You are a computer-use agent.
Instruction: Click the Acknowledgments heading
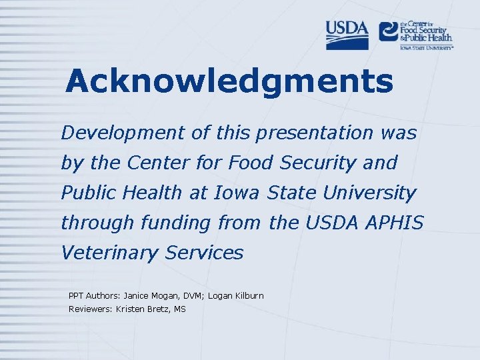pyautogui.click(x=229, y=82)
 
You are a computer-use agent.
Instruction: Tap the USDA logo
pyautogui.click(x=347, y=35)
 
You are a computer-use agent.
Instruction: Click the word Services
pyautogui.click(x=205, y=253)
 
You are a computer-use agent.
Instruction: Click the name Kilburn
pyautogui.click(x=249, y=295)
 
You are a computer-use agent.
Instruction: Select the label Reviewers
pyautogui.click(x=90, y=309)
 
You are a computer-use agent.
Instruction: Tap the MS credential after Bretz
pyautogui.click(x=179, y=309)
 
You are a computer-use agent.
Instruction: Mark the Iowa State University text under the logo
pyautogui.click(x=427, y=47)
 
